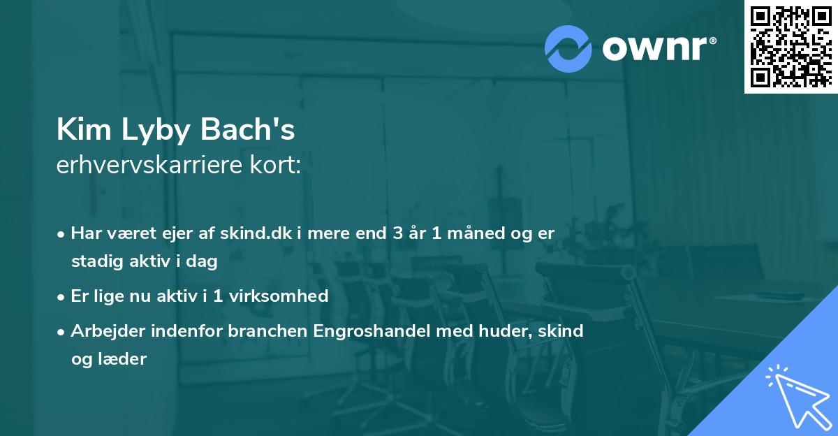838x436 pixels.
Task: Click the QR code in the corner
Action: click(791, 46)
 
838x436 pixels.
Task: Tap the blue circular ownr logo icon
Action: click(568, 48)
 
